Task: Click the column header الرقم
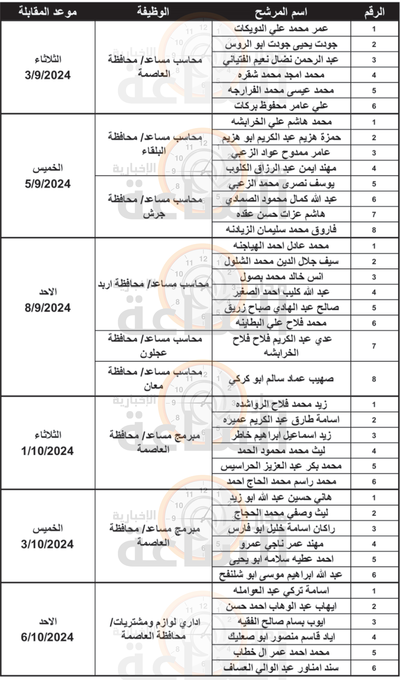coord(374,12)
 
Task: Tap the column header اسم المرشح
coord(281,12)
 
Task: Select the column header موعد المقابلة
coord(48,12)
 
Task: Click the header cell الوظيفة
coord(153,12)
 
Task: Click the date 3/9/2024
coord(48,75)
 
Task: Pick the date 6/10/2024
coord(47,637)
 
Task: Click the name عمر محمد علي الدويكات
coord(281,29)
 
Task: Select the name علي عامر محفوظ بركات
coord(281,106)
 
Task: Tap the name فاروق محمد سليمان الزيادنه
coord(281,230)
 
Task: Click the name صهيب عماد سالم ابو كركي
coord(281,379)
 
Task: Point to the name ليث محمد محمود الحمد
coord(281,451)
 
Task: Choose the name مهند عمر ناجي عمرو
coord(281,544)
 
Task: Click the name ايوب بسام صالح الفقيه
coord(281,622)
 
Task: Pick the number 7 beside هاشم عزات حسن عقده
coord(374,214)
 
